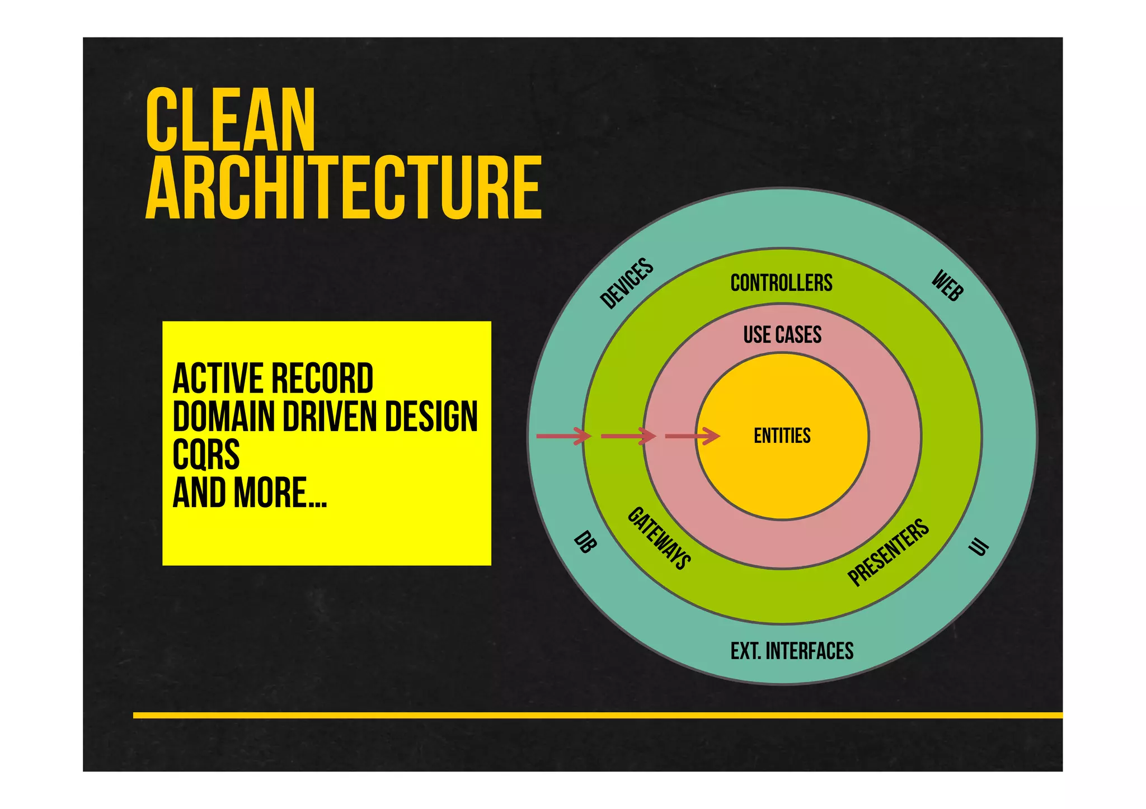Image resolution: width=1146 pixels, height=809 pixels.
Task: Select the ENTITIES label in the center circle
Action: [782, 436]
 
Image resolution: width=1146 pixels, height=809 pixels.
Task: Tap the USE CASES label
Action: [782, 335]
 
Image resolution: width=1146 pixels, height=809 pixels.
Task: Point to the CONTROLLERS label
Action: [781, 283]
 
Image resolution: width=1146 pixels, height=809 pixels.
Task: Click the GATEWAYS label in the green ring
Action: [659, 538]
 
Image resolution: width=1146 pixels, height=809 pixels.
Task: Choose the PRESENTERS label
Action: [888, 552]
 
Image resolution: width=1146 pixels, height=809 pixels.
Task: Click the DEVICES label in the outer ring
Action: [627, 283]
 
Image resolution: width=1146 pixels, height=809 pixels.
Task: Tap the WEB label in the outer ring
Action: [947, 286]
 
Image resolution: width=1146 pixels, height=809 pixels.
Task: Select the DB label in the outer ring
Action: [585, 542]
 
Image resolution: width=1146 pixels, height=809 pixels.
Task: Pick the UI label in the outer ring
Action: [979, 546]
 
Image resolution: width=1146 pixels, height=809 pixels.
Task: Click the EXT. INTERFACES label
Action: [792, 651]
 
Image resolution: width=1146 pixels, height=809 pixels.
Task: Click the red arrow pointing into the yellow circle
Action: [692, 436]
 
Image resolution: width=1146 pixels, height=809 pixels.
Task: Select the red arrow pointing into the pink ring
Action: [628, 436]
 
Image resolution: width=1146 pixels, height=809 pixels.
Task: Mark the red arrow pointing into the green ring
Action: [563, 436]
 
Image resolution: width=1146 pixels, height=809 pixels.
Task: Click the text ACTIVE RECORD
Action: [273, 379]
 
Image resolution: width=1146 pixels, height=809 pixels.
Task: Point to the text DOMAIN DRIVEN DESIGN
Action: [325, 417]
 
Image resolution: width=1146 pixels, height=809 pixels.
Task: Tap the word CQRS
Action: [206, 455]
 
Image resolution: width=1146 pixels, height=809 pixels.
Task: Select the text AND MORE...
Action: [250, 493]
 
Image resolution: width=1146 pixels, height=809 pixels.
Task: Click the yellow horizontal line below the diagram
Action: [598, 715]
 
